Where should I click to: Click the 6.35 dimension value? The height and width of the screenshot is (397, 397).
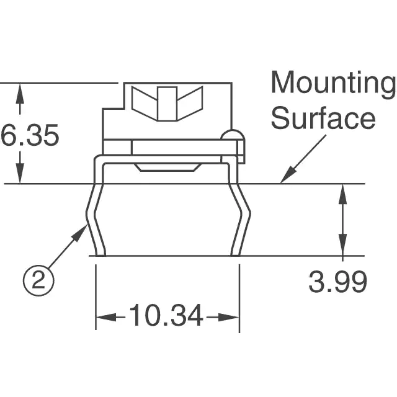point(30,135)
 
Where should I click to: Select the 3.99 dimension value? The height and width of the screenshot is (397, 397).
point(337,282)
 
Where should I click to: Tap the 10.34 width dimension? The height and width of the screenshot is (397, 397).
point(166,315)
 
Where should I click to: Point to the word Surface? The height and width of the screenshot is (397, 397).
point(323,118)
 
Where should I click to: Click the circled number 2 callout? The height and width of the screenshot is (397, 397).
point(38,280)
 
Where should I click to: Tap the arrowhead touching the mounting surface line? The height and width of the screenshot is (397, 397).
point(287,175)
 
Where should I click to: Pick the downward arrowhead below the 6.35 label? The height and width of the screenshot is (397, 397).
point(20,173)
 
